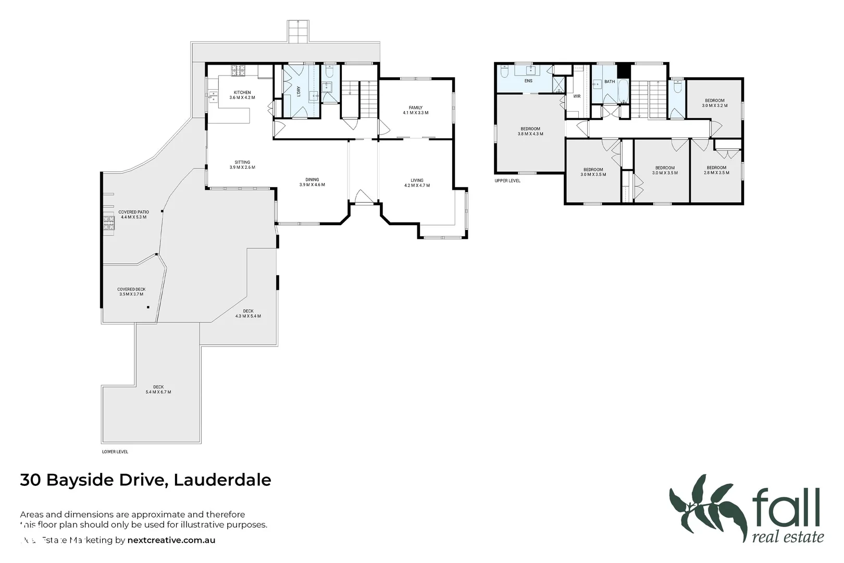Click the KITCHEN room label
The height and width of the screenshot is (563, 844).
pyautogui.click(x=242, y=95)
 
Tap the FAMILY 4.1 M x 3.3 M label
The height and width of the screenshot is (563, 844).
pyautogui.click(x=415, y=110)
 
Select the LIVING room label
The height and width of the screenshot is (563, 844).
pyautogui.click(x=417, y=183)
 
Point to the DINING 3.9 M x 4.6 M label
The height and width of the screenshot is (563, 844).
pyautogui.click(x=312, y=182)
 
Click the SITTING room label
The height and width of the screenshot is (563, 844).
pyautogui.click(x=242, y=165)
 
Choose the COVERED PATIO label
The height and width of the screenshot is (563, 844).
pyautogui.click(x=133, y=214)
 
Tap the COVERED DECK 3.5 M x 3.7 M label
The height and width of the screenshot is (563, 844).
pyautogui.click(x=131, y=291)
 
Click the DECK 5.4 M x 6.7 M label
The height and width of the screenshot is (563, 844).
pyautogui.click(x=158, y=389)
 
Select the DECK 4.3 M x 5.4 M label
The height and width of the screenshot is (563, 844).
pyautogui.click(x=248, y=313)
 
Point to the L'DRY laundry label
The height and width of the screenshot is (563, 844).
pyautogui.click(x=299, y=91)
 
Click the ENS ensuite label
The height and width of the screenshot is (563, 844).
pyautogui.click(x=528, y=81)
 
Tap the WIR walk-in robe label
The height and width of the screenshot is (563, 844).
pyautogui.click(x=577, y=96)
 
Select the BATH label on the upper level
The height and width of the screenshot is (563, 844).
pyautogui.click(x=610, y=82)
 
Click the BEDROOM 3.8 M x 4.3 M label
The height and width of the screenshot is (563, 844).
pyautogui.click(x=530, y=131)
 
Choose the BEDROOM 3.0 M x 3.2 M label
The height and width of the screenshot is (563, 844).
pyautogui.click(x=715, y=103)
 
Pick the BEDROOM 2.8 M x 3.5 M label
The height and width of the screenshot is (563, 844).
pyautogui.click(x=716, y=170)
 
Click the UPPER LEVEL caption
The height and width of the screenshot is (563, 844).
pyautogui.click(x=507, y=181)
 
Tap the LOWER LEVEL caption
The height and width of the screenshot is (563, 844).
pyautogui.click(x=115, y=452)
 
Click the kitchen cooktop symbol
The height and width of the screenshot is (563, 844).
pyautogui.click(x=239, y=70)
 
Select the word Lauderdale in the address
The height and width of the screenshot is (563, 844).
pyautogui.click(x=222, y=480)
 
